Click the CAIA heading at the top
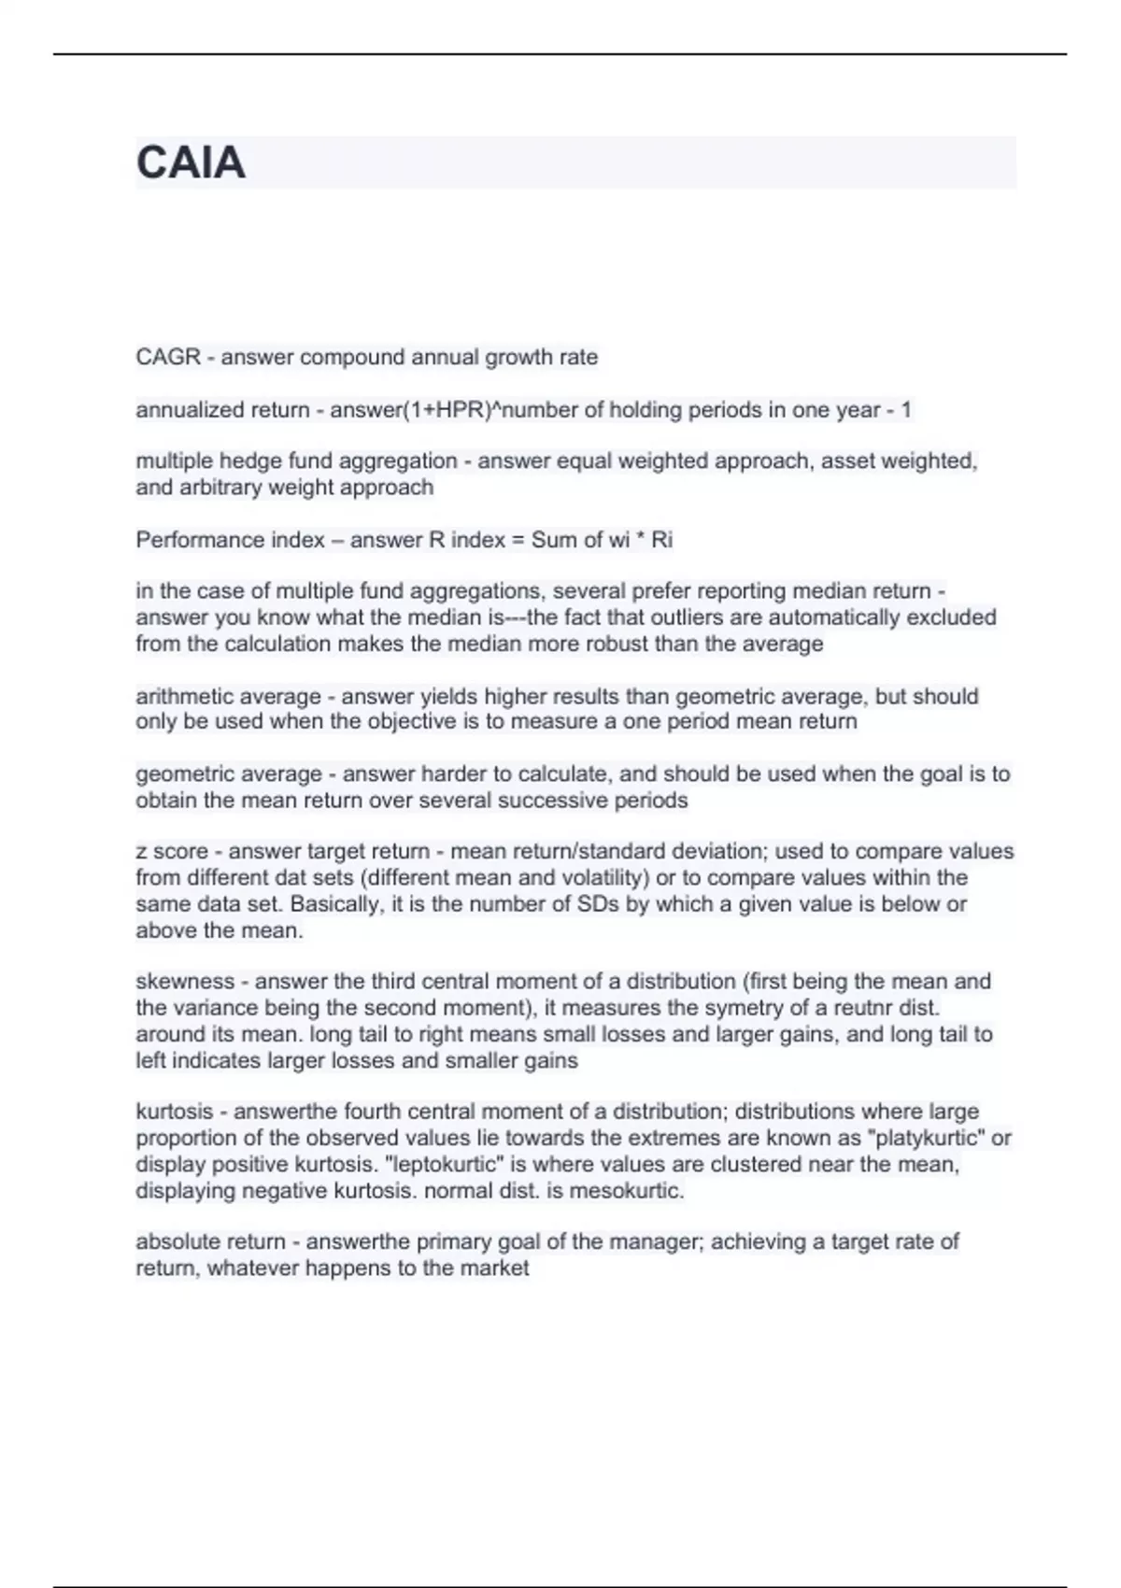tap(191, 163)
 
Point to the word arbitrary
tap(217, 487)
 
